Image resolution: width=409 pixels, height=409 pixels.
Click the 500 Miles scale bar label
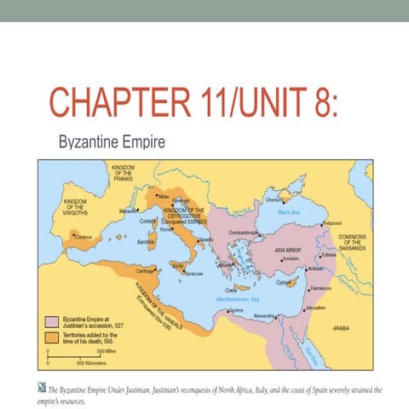(108, 351)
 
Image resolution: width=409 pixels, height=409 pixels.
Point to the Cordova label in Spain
(84, 236)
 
